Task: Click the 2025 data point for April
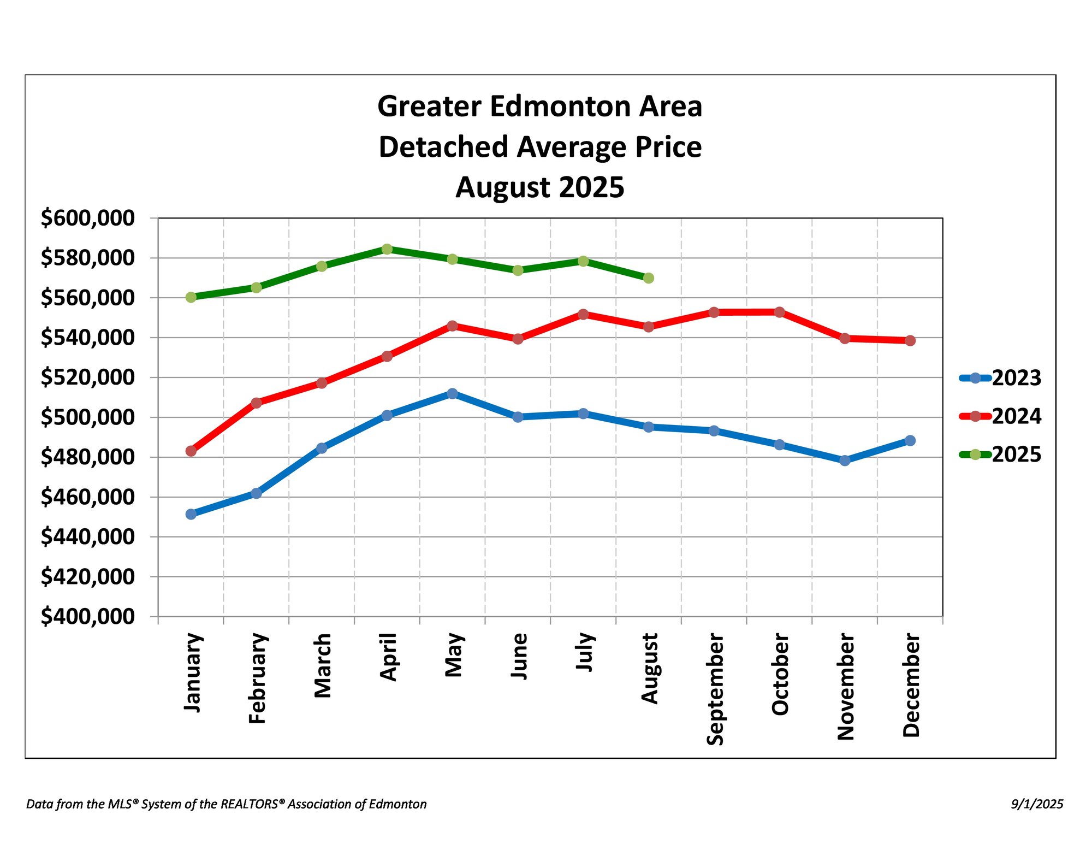[x=387, y=249]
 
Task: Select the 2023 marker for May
[x=452, y=393]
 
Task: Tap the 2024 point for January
[x=191, y=451]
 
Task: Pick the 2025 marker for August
[x=649, y=278]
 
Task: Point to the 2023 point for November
[x=845, y=461]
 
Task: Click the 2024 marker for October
[x=779, y=312]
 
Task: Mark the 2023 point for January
[x=191, y=514]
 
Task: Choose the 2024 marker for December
[x=910, y=340]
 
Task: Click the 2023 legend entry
[x=1000, y=378]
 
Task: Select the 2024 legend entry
[x=1000, y=416]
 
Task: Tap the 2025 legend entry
[x=1000, y=455]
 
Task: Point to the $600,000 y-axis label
[x=87, y=218]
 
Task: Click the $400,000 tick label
[x=87, y=616]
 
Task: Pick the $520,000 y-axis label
[x=87, y=377]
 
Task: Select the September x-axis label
[x=715, y=689]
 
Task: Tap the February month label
[x=257, y=678]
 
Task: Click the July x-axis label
[x=584, y=652]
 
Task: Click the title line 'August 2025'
[x=539, y=187]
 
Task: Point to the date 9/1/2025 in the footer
[x=1037, y=804]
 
